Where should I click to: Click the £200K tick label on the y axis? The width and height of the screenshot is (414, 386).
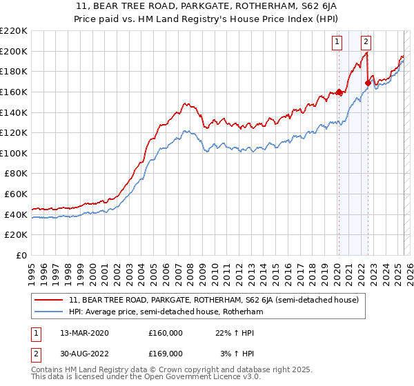point(14,51)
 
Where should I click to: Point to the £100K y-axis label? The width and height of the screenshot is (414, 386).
point(14,153)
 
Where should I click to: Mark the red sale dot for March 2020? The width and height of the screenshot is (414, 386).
point(339,92)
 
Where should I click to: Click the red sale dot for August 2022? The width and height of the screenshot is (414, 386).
point(368,83)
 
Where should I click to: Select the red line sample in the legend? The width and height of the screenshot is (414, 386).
point(48,301)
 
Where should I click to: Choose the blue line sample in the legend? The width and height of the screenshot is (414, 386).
point(48,312)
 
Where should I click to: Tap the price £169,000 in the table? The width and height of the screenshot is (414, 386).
point(166,353)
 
